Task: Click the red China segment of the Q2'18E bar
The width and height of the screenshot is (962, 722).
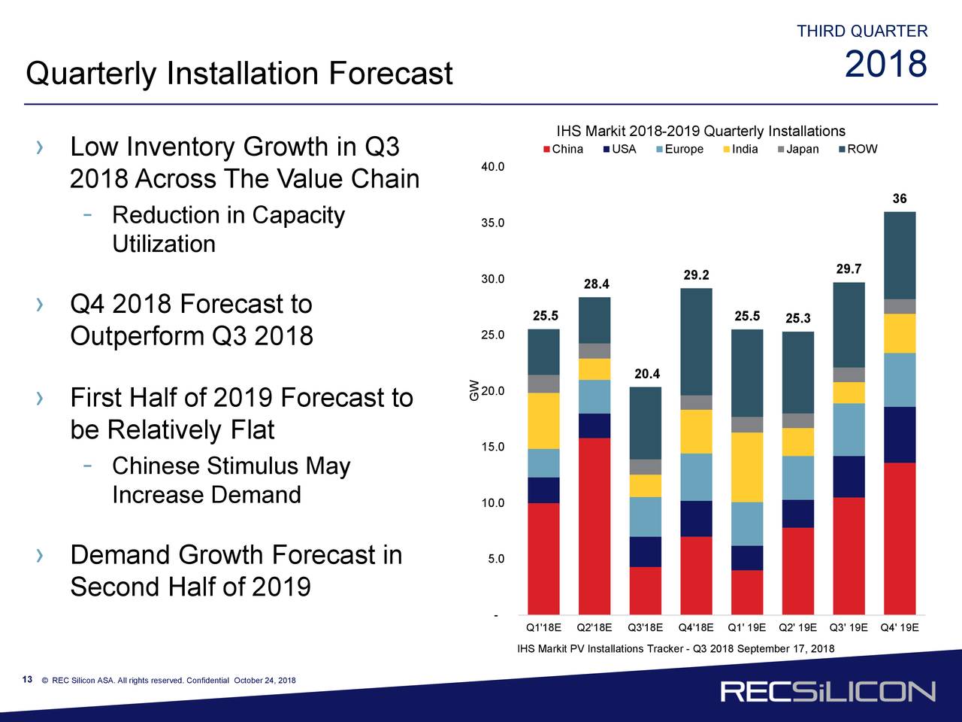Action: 594,526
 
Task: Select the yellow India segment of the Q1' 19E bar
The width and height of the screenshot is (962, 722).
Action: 746,467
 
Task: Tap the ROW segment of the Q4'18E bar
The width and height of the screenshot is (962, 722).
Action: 696,341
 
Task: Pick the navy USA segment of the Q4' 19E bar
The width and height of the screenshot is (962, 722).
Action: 900,435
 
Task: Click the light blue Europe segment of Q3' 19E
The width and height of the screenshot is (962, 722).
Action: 849,429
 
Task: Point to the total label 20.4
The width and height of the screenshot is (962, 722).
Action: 647,374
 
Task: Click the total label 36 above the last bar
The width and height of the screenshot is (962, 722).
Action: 900,199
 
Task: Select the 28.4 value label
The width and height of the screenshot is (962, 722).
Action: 596,284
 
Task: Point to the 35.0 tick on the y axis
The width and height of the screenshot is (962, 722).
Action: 493,223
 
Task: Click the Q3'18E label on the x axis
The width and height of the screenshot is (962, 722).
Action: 645,627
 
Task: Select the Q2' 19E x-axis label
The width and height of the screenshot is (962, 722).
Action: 797,627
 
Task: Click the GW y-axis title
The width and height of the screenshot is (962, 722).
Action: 474,389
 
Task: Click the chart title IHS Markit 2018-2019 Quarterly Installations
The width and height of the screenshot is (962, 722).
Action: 700,132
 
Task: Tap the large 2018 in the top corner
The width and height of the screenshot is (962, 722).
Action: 885,65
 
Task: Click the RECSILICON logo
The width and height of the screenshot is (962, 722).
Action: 827,691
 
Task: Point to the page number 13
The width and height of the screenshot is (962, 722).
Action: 27,680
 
